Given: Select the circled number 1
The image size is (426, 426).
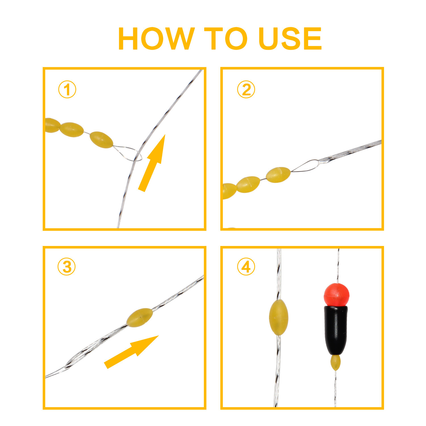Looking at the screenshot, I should pyautogui.click(x=67, y=90).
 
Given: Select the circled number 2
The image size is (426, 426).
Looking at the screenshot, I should pyautogui.click(x=246, y=90).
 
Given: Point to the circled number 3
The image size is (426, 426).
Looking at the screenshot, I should pyautogui.click(x=67, y=267).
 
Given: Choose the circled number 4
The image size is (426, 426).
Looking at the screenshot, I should pyautogui.click(x=246, y=267).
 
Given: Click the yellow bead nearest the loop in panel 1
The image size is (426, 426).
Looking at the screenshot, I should pyautogui.click(x=101, y=140).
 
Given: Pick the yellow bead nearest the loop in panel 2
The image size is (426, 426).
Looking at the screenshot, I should pyautogui.click(x=278, y=175).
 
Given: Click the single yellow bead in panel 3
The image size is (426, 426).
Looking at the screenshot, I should pyautogui.click(x=139, y=318).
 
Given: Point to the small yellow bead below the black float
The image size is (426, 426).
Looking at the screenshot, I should pyautogui.click(x=335, y=363).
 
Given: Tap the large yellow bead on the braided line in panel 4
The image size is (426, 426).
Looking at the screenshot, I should pyautogui.click(x=279, y=317).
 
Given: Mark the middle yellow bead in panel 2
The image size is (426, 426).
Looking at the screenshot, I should pyautogui.click(x=248, y=185).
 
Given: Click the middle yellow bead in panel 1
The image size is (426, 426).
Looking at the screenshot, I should pyautogui.click(x=72, y=130).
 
